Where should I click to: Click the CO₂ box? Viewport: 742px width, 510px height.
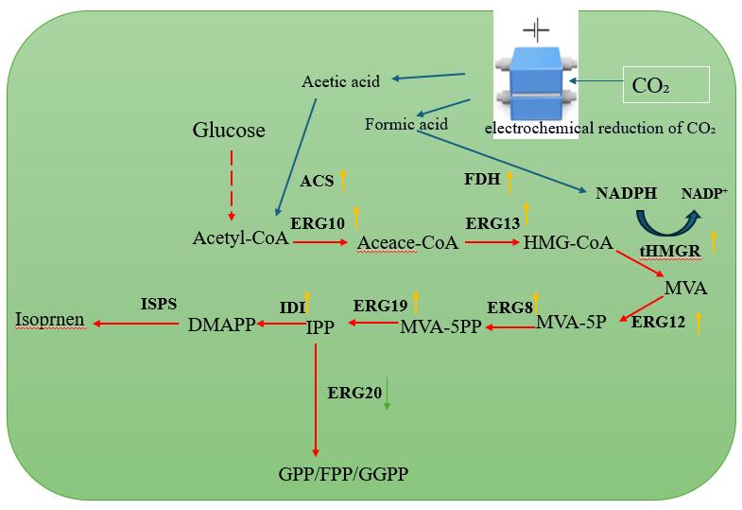[666, 87]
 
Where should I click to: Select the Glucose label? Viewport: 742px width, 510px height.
[229, 130]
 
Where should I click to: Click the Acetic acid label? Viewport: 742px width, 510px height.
[340, 81]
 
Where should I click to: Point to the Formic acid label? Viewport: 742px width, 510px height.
[406, 124]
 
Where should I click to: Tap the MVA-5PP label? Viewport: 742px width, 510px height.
[441, 327]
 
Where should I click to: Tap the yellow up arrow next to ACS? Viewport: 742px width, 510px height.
[343, 178]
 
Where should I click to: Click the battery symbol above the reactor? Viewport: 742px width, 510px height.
[536, 29]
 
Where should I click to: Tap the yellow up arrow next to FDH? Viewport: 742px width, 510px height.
[509, 179]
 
